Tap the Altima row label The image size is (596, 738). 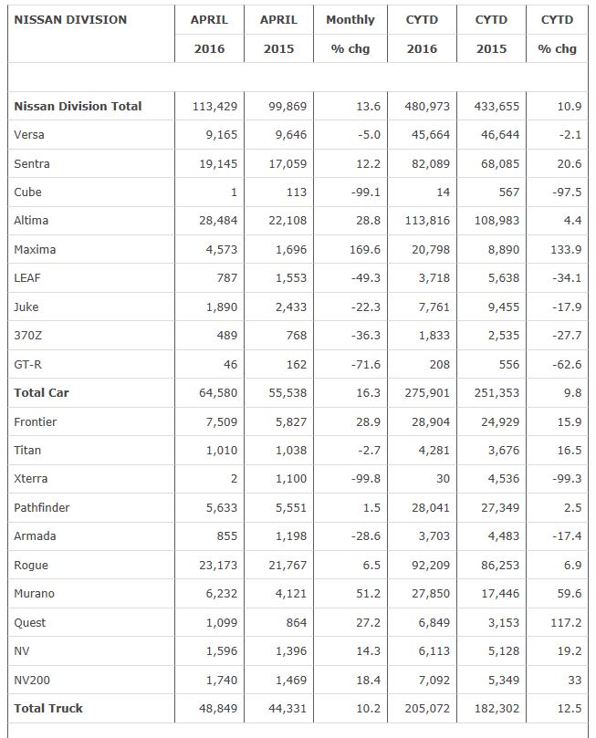click(31, 221)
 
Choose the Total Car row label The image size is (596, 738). click(41, 392)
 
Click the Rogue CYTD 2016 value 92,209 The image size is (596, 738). click(427, 565)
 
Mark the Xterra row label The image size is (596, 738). click(31, 479)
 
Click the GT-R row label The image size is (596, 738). click(29, 364)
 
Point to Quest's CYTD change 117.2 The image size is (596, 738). click(565, 622)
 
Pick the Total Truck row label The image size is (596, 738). click(48, 708)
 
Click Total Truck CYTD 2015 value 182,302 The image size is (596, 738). click(493, 708)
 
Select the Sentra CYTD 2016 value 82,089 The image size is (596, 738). click(427, 163)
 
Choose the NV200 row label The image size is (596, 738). click(34, 680)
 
